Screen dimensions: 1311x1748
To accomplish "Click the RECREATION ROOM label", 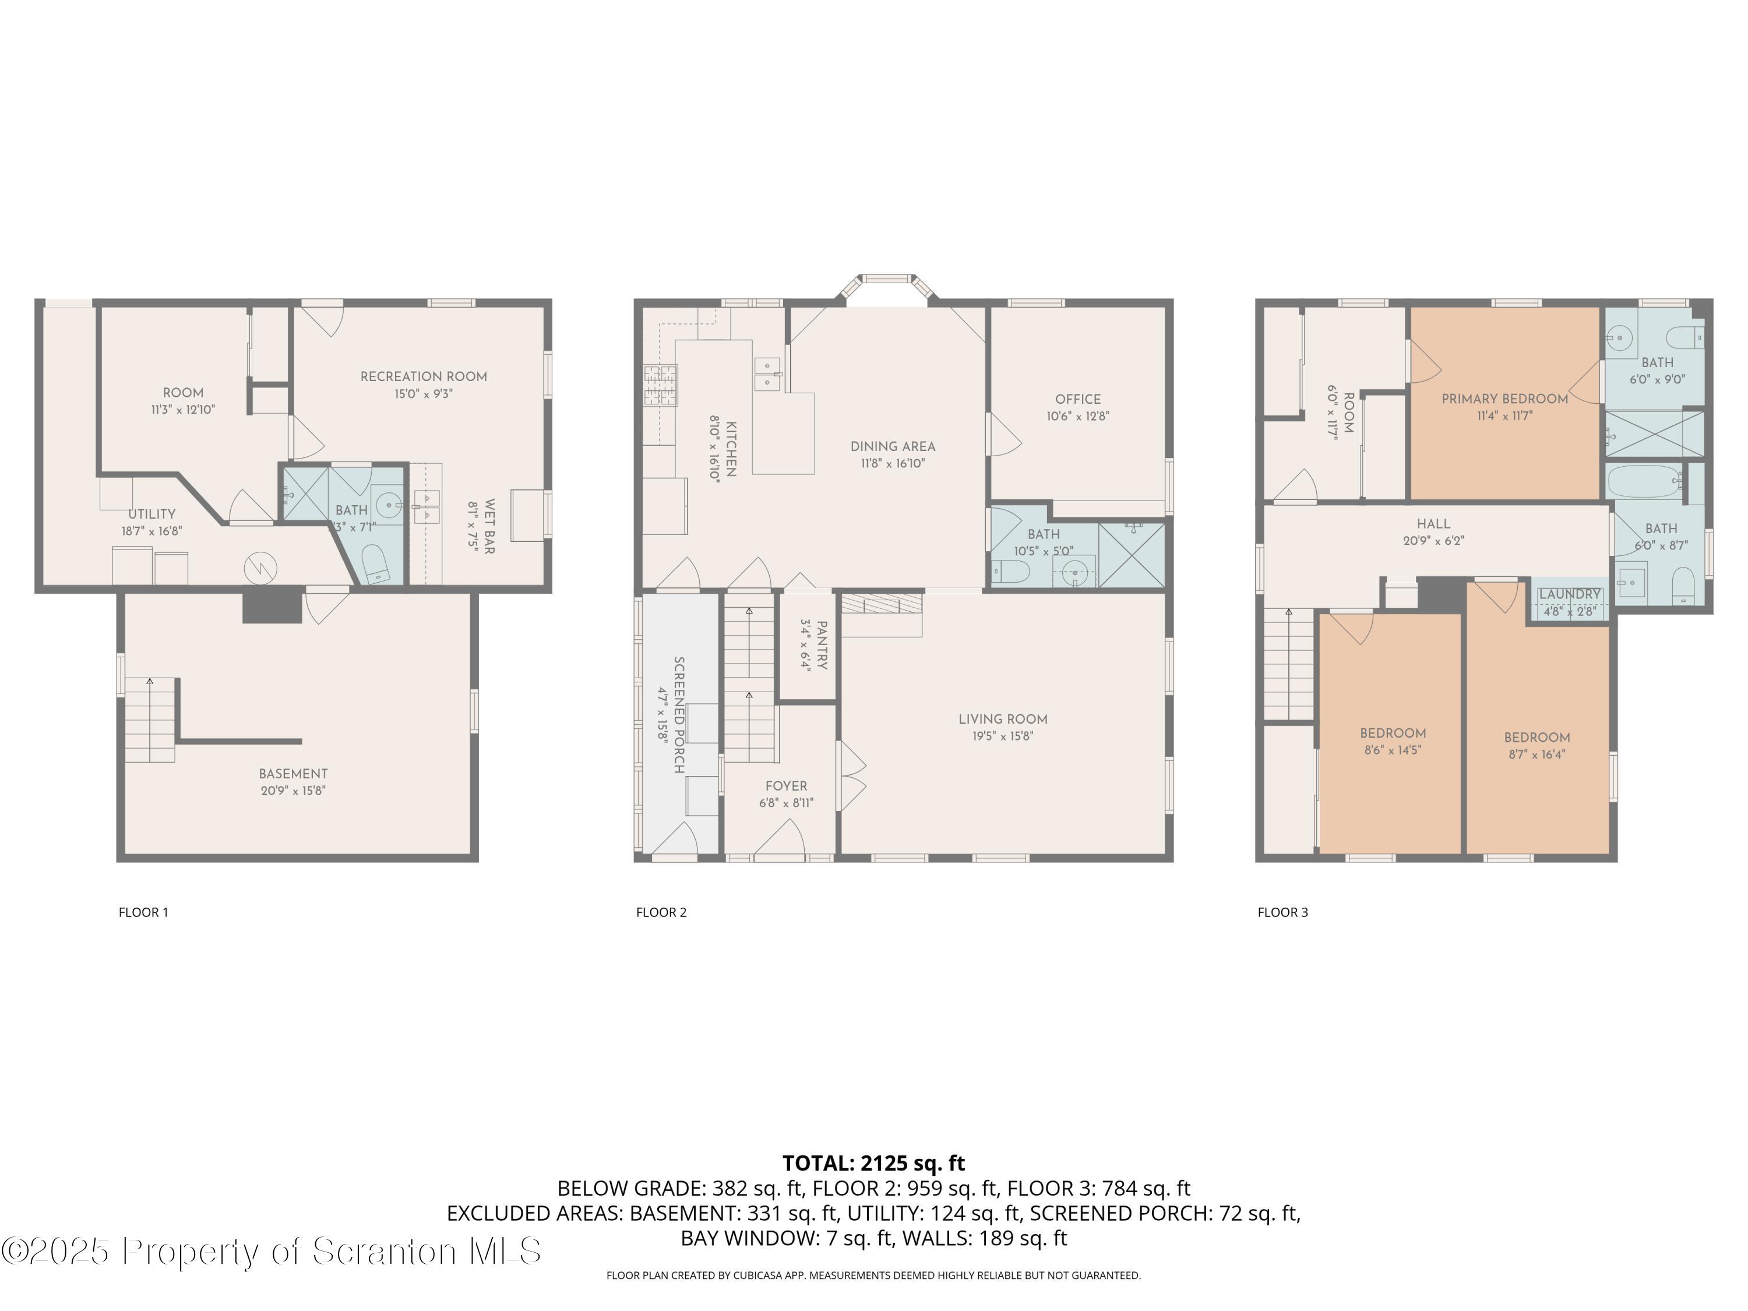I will (x=424, y=376).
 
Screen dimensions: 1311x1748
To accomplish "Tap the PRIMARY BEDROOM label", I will (x=1504, y=399).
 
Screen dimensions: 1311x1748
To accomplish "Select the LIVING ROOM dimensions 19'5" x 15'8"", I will (x=1003, y=736).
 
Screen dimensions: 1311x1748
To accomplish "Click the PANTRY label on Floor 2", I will (x=822, y=645).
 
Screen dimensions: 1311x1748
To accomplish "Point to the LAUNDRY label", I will (x=1569, y=594).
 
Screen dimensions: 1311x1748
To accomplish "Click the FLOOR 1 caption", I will (x=143, y=912).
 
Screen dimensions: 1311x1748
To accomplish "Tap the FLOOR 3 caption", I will (x=1282, y=912).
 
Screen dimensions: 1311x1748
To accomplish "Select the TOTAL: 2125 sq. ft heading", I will (x=873, y=1163).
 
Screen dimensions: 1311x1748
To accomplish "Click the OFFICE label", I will (x=1077, y=399).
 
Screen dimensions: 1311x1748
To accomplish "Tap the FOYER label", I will (x=785, y=785).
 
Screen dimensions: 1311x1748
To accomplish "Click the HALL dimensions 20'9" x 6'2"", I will (x=1433, y=541).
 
